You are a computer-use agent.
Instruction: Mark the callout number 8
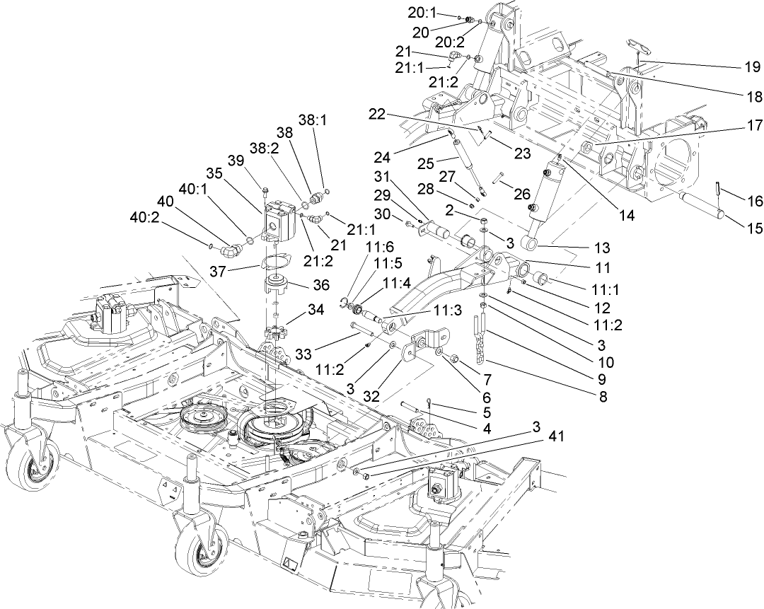[x=603, y=397]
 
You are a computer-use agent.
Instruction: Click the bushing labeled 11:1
[x=542, y=277]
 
